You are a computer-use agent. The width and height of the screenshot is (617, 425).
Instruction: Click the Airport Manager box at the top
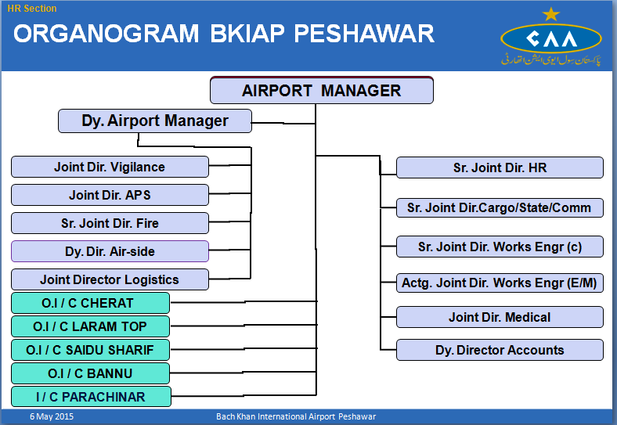[x=321, y=90]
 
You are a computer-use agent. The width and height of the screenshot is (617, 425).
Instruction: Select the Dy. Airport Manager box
[x=155, y=121]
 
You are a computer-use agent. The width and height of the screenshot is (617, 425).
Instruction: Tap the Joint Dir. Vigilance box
[x=110, y=167]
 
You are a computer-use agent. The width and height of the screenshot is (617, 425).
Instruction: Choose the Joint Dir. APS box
[x=110, y=195]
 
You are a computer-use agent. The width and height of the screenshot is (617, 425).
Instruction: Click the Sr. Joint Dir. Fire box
[x=110, y=223]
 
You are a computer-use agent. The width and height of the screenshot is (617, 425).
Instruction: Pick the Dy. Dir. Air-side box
[x=110, y=251]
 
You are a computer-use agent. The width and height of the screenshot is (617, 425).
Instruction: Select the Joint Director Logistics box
[x=110, y=279]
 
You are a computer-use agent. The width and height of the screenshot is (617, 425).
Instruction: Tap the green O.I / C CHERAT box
[x=90, y=303]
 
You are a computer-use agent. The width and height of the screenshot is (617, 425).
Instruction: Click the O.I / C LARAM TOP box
[x=90, y=326]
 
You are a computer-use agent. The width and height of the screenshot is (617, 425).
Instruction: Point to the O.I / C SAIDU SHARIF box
[x=90, y=350]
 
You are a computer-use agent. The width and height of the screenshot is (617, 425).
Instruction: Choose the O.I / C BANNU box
[x=90, y=373]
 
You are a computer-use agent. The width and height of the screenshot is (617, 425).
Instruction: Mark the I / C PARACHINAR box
[x=90, y=397]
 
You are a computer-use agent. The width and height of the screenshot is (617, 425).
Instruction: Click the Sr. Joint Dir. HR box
[x=500, y=167]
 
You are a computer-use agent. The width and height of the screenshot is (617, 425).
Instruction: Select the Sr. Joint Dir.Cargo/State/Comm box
[x=500, y=207]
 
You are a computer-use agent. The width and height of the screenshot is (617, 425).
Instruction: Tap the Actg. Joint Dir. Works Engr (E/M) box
[x=500, y=283]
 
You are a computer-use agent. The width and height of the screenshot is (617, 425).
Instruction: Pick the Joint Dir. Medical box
[x=500, y=317]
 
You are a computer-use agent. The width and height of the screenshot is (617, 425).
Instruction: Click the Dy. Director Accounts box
[x=500, y=350]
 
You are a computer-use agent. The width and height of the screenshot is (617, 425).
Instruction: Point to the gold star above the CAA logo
[x=551, y=14]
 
